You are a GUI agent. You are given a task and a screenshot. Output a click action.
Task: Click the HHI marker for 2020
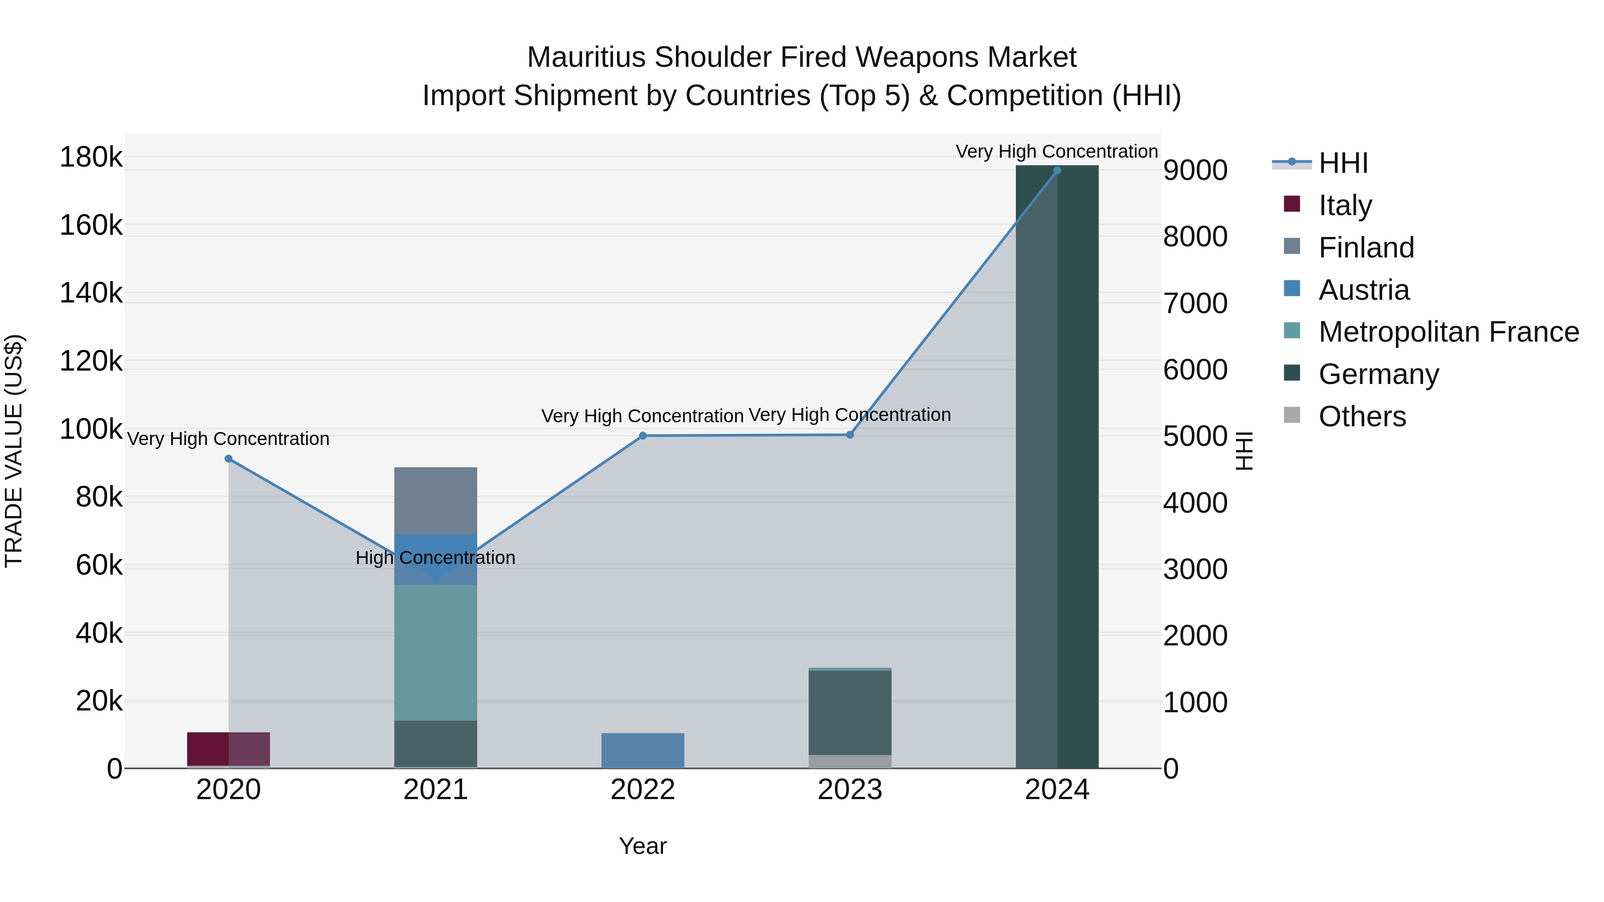(x=229, y=459)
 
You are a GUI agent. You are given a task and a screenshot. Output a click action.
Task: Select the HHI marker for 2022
(x=642, y=436)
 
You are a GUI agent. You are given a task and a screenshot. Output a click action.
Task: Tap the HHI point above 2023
(x=850, y=434)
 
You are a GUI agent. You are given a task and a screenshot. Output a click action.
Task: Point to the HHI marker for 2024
(x=1057, y=171)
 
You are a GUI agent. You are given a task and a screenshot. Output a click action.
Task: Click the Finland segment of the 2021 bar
(x=435, y=501)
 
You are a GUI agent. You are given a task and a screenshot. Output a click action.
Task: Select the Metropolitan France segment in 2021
(x=435, y=653)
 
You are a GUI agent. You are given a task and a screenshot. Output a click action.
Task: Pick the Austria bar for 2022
(x=642, y=751)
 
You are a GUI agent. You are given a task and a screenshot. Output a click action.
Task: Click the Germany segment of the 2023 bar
(x=850, y=713)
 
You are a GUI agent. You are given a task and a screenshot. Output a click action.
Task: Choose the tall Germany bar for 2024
(x=1057, y=467)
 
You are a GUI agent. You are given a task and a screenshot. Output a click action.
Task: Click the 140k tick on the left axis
(x=91, y=293)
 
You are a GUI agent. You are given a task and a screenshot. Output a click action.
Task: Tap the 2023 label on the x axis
(x=850, y=790)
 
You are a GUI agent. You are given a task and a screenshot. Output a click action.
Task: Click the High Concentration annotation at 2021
(x=435, y=558)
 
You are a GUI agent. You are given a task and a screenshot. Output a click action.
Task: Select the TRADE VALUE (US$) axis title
(x=14, y=451)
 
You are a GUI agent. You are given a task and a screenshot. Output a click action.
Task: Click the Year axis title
(x=642, y=846)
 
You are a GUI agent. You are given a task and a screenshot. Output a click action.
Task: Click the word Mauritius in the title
(x=586, y=58)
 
